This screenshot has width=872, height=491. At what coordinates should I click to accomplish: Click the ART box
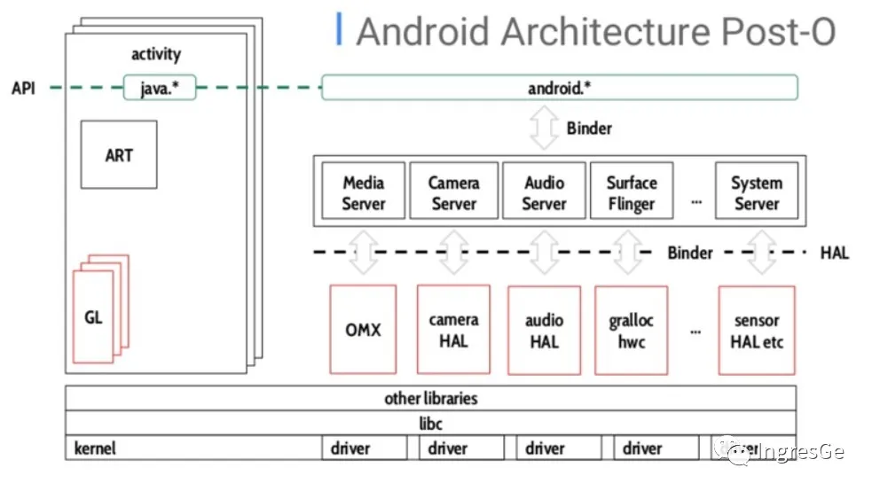point(119,155)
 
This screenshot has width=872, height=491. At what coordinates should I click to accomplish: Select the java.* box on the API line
point(160,88)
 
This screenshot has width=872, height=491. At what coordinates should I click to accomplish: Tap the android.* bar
point(559,88)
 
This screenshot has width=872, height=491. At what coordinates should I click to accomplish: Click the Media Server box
point(363,192)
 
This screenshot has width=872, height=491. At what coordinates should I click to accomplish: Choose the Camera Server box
point(452,192)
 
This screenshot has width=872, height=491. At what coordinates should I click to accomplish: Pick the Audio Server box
point(544,192)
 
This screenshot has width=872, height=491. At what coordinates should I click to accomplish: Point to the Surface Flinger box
point(631,192)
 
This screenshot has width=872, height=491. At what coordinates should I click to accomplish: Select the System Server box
point(756,192)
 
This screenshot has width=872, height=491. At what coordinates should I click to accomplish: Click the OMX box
point(363,330)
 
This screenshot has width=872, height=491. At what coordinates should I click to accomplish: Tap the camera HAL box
point(453,330)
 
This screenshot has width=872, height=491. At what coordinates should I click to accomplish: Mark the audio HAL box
point(544,330)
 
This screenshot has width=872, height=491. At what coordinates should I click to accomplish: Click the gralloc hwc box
point(631,330)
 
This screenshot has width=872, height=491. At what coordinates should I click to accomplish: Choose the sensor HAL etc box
point(757,330)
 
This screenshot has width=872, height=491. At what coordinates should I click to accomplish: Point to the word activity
point(156,55)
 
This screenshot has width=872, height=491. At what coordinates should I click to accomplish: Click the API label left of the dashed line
point(23,88)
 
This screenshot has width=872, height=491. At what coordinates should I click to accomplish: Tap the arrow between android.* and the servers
point(543,129)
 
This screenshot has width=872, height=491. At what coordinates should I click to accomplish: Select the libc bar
point(430,424)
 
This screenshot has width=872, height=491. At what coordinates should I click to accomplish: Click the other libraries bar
point(430,399)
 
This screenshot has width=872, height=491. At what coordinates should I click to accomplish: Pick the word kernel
point(95,448)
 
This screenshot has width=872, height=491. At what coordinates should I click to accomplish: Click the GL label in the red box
point(93,316)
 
